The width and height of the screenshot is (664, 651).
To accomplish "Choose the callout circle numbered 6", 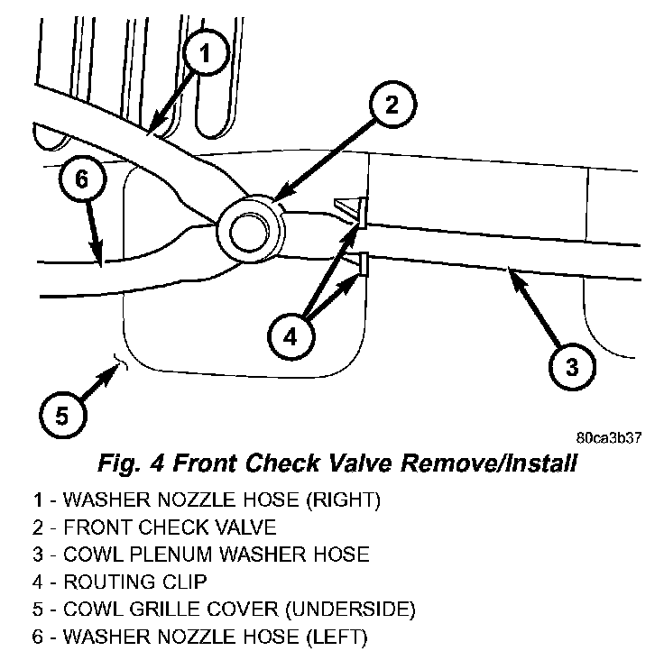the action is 81,179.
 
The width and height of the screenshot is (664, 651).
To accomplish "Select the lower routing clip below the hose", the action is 360,264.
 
